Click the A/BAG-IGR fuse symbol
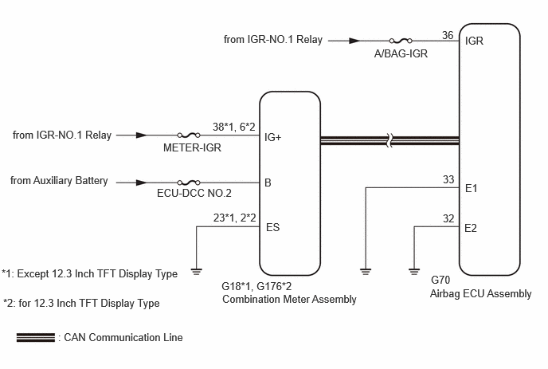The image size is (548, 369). click(x=401, y=41)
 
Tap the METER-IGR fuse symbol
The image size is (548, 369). click(x=189, y=135)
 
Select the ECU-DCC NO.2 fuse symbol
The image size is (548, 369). click(x=189, y=183)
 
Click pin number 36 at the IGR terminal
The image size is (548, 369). click(x=448, y=35)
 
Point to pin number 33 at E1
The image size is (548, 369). click(x=448, y=179)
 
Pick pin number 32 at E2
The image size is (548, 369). click(x=448, y=218)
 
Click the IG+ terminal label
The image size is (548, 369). click(x=273, y=137)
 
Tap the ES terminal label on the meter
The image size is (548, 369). click(x=273, y=227)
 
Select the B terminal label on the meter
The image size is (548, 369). click(x=268, y=183)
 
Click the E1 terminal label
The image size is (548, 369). click(x=471, y=189)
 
